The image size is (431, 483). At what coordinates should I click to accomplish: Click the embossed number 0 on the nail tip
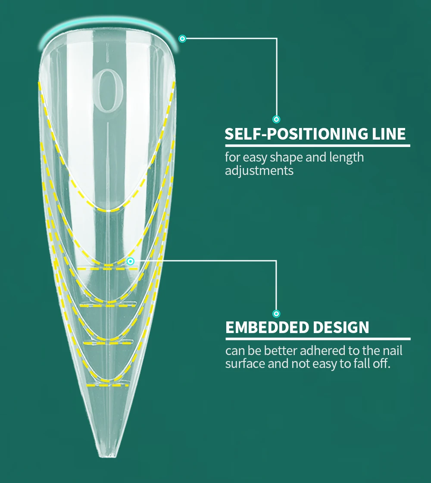pos(108,90)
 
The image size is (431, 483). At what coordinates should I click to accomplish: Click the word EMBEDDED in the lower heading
pos(267,327)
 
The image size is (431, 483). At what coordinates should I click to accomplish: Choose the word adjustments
pos(259,171)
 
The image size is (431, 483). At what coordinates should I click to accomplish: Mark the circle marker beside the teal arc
pos(182,39)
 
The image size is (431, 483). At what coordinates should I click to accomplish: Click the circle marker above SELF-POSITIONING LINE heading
pos(276,119)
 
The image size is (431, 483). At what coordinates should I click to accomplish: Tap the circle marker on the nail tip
pos(131,261)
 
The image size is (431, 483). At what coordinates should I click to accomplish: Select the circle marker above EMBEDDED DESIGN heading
pos(276,314)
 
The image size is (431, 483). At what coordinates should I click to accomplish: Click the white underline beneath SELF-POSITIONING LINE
pos(317,146)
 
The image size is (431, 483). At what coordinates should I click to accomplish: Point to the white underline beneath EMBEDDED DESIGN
pos(318,339)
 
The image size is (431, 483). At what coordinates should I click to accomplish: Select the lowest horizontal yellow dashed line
pos(107,385)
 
